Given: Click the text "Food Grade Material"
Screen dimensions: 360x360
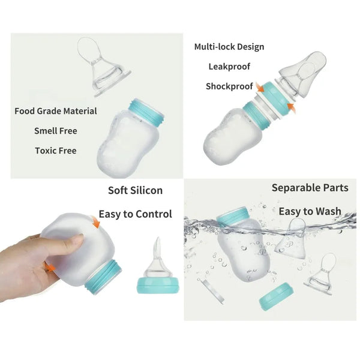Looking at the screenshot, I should tap(56, 111).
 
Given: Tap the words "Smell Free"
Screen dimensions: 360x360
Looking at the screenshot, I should tap(56, 131).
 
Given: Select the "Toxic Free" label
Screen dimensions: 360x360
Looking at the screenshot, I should tap(56, 151).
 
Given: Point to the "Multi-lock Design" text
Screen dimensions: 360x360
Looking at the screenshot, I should tap(229, 47).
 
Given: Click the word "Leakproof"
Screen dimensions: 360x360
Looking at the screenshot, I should tap(229, 67).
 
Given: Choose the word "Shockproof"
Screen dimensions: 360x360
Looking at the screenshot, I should tap(229, 86).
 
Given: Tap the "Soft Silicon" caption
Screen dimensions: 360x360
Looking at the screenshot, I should tap(135, 190).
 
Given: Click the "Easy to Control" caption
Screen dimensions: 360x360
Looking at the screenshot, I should tap(135, 214).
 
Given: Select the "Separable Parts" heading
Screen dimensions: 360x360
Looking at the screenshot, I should tap(310, 188).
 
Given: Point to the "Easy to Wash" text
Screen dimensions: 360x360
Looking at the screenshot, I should tap(310, 211).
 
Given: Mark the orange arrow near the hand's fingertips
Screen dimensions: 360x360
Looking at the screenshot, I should tap(50, 265).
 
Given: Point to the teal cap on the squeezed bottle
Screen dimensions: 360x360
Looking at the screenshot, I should tap(104, 278).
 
